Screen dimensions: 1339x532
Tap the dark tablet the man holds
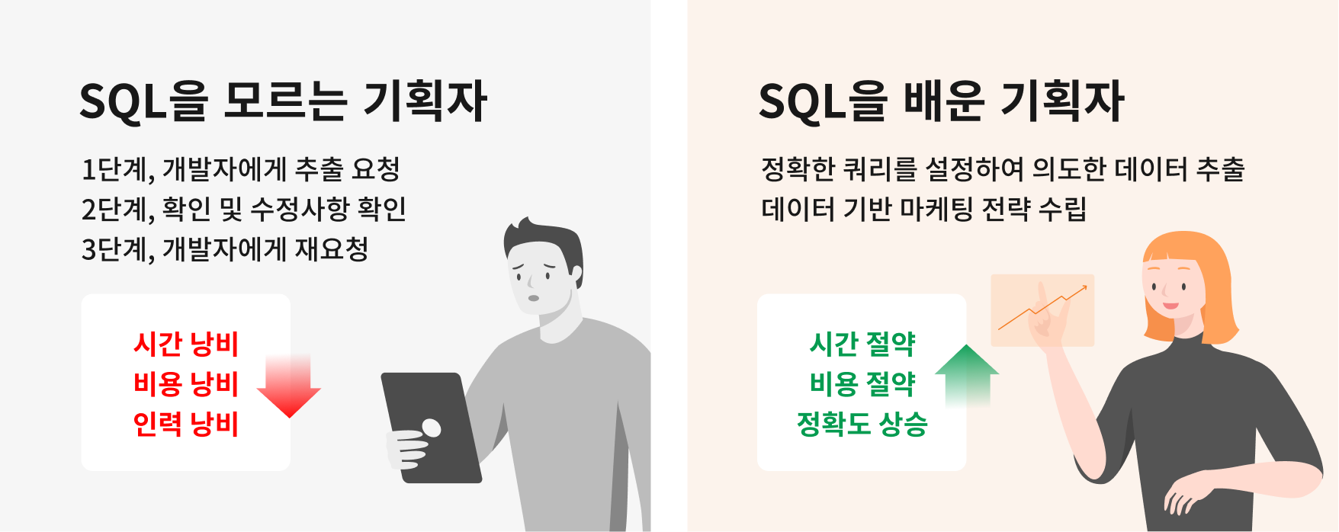click(431, 427)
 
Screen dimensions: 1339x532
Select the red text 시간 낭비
click(186, 344)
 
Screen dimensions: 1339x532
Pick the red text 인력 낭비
click(186, 423)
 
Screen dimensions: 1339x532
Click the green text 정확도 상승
click(862, 423)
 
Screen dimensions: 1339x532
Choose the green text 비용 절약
click(862, 383)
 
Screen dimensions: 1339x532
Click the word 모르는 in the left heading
click(286, 101)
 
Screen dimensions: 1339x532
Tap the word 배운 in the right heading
click(944, 101)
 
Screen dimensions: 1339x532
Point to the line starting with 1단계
click(241, 169)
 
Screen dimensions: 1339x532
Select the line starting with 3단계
click(226, 249)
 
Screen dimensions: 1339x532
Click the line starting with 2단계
click(244, 209)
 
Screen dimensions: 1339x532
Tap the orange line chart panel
click(1042, 310)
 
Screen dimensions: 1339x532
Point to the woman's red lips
click(1170, 306)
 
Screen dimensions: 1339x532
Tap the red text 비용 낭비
click(186, 383)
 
